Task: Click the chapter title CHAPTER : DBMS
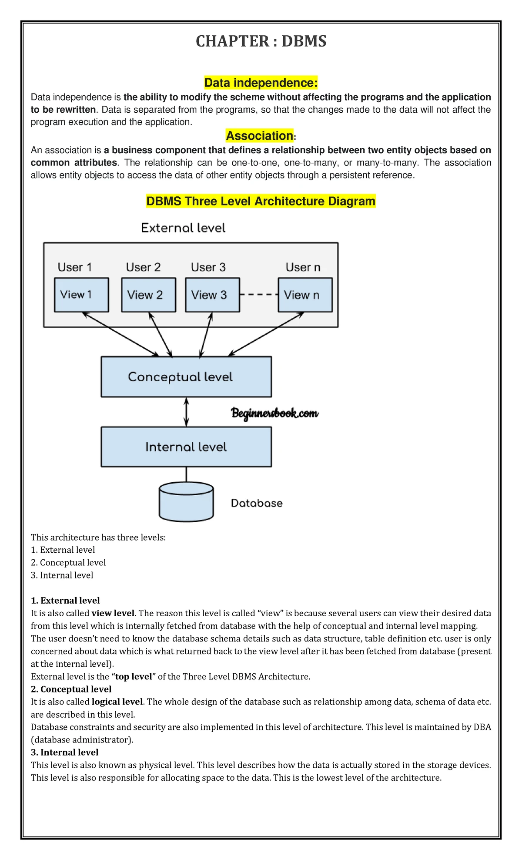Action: coord(261,41)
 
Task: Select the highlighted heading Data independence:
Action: coord(261,83)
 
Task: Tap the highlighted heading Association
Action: coord(260,136)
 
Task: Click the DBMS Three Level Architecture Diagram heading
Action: coord(261,201)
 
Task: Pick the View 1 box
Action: coord(81,295)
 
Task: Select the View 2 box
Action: coord(149,295)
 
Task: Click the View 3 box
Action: coord(213,295)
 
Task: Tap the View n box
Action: coord(305,295)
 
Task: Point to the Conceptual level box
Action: coord(186,377)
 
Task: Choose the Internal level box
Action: coord(186,447)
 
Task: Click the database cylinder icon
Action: coord(186,501)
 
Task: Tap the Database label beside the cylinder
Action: coord(257,503)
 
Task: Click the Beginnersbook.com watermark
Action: coord(275,413)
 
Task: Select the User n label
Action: coord(303,267)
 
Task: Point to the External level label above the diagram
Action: coord(183,228)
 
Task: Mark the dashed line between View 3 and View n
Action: coord(259,295)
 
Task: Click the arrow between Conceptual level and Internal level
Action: coord(186,412)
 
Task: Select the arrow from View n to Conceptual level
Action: coord(266,334)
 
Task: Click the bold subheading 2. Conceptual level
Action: coord(71,689)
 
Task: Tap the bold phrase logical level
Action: coord(117,702)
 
